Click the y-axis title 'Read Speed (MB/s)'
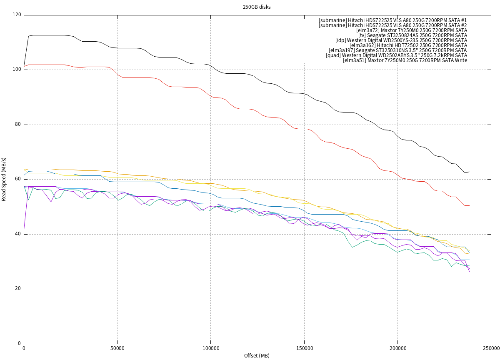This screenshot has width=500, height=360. pos(4,180)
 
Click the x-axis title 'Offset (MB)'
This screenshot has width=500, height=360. pos(257,355)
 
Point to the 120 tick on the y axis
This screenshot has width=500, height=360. pos(17,15)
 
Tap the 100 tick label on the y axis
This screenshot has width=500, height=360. pos(17,70)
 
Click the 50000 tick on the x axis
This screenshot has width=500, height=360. pos(117,348)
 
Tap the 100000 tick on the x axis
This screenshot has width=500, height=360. pos(210,348)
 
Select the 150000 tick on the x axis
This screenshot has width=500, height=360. pos(304,348)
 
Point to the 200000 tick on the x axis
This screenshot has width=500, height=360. pos(397,348)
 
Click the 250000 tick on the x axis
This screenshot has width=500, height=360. pos(491,348)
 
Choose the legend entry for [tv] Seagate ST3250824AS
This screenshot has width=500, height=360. pos(412,35)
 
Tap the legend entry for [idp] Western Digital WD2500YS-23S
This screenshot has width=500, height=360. pos(401,40)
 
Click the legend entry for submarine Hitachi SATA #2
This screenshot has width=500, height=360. pos(392,25)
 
